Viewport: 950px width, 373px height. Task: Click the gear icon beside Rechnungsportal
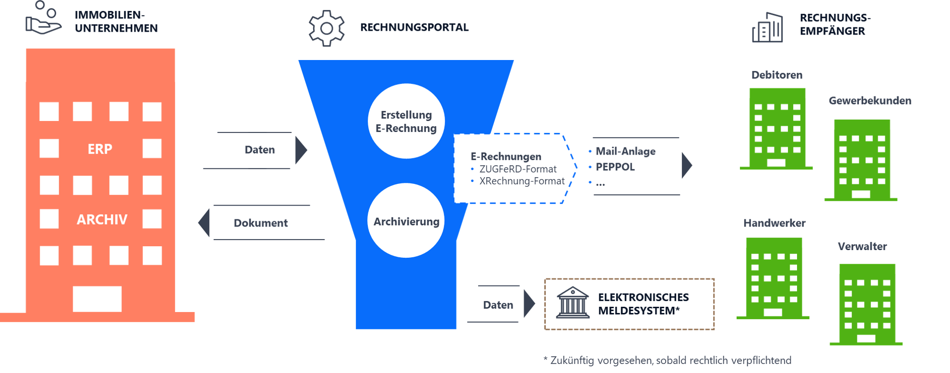(327, 28)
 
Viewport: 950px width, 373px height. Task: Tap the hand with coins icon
(43, 19)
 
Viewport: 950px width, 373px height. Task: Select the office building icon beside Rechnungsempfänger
(767, 28)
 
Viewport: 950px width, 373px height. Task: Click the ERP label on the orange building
(100, 149)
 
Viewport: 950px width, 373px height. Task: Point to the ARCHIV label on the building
(102, 220)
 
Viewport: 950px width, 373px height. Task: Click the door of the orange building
(97, 299)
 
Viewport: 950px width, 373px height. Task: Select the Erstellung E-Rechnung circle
(406, 121)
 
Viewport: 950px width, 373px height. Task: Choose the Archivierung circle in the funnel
(406, 221)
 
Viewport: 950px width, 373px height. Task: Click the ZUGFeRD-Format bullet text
(518, 169)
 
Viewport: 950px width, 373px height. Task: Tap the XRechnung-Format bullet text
(522, 181)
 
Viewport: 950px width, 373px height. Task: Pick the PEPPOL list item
(615, 167)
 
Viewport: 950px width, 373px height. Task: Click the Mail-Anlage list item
(626, 151)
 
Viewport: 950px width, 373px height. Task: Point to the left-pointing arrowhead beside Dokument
(204, 222)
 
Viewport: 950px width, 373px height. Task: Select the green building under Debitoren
(777, 129)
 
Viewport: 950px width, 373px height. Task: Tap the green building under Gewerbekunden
(862, 160)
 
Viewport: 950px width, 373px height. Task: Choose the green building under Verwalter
(867, 304)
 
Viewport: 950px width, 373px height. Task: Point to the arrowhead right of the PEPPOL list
(687, 166)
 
